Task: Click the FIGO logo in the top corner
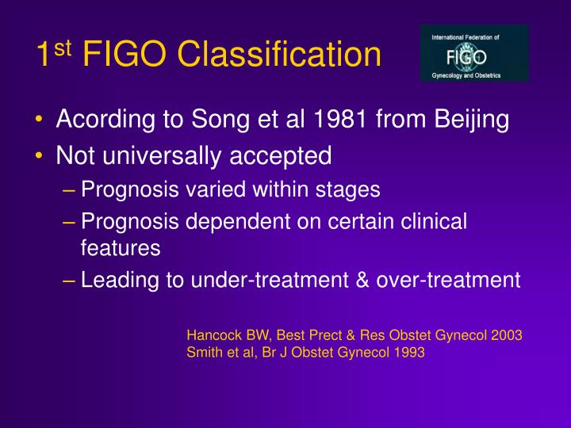474,54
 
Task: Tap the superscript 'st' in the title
63,45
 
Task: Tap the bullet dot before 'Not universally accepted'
40,156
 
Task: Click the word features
121,247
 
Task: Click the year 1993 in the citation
409,353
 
